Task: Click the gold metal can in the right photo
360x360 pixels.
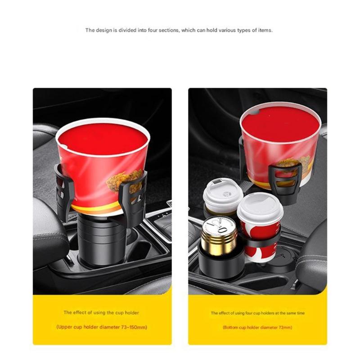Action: pos(219,236)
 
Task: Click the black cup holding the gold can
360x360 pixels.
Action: pos(219,264)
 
